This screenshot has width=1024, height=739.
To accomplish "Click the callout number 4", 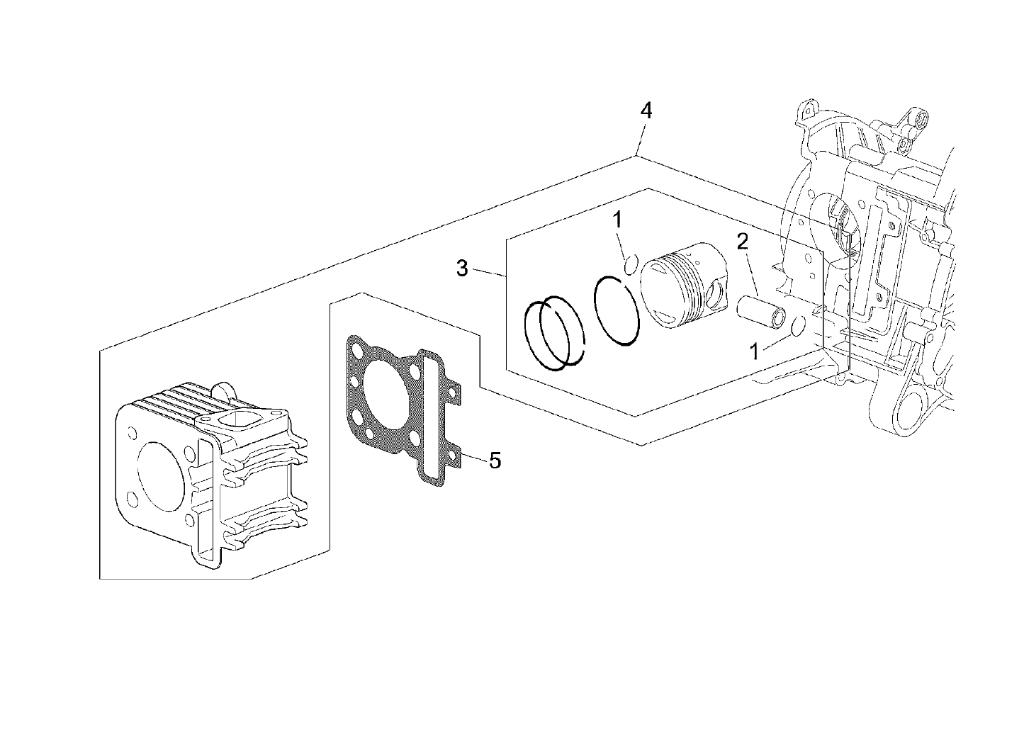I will click(646, 111).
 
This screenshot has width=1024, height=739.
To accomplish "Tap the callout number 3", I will click(462, 269).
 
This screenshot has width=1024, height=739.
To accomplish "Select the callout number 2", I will click(742, 242).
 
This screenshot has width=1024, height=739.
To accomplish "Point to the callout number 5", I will click(495, 461).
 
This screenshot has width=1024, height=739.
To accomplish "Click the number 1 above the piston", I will click(618, 220).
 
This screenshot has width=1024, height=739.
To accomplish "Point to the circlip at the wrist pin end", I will click(797, 325).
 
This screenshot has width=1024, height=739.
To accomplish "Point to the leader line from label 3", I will click(489, 272).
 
